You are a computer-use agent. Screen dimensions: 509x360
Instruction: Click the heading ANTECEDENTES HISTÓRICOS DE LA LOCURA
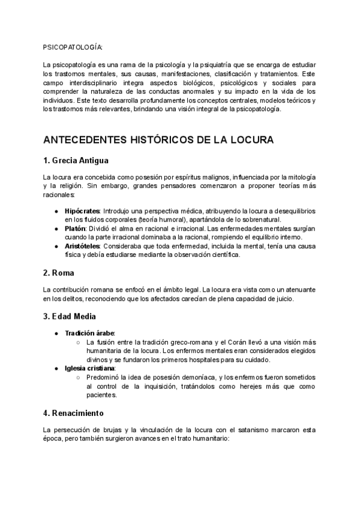coord(158,140)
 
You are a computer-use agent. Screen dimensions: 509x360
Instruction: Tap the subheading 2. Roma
coord(58,273)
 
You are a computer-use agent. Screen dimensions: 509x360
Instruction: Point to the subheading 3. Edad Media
coord(70,316)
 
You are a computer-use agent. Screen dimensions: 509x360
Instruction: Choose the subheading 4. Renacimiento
coord(73,413)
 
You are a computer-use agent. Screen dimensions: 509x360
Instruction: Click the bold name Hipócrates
coord(82,212)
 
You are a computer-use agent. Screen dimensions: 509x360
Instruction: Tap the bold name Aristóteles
coord(83,246)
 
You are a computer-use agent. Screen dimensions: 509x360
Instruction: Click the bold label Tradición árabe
coord(89,333)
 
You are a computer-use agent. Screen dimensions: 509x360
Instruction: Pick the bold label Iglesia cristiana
coord(90,367)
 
